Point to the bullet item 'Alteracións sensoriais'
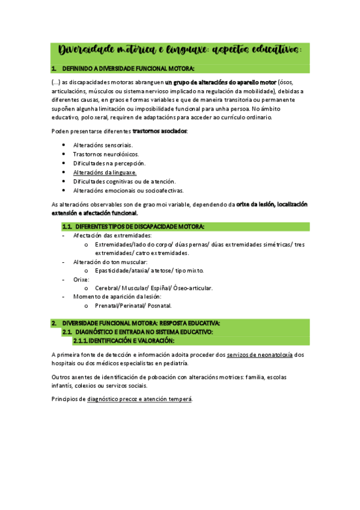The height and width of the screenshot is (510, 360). click(103, 145)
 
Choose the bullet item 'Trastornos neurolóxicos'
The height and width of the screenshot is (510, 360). click(105, 154)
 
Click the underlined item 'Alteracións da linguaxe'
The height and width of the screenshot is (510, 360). click(105, 172)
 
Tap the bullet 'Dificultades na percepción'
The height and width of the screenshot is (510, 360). click(109, 163)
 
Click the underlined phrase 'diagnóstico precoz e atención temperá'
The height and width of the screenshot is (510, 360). click(139, 399)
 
